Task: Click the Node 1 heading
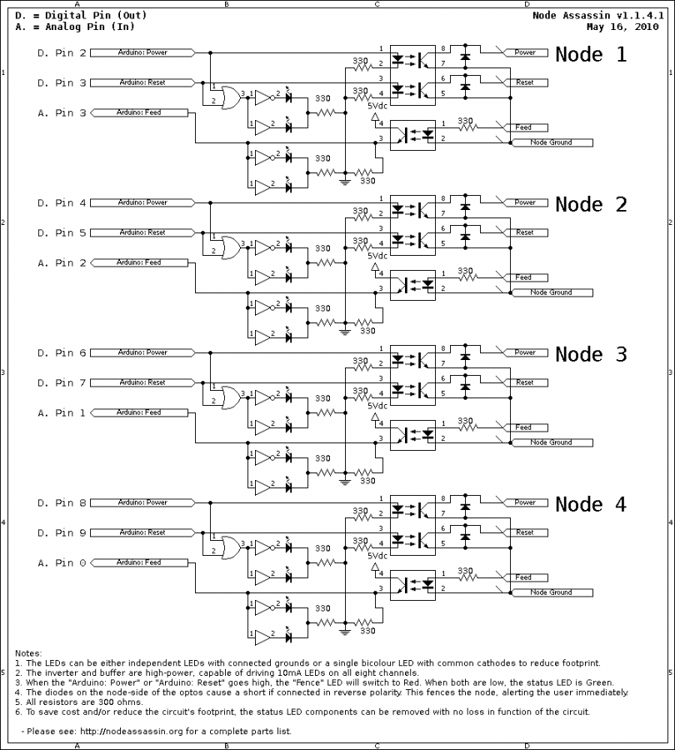point(591,55)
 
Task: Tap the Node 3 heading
point(591,354)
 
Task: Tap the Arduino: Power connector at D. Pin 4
point(142,202)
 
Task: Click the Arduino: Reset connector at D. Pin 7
point(142,382)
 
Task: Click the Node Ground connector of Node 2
point(550,292)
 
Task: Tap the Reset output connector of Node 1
point(525,82)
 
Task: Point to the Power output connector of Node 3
point(525,352)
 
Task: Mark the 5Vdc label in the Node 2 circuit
point(377,256)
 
